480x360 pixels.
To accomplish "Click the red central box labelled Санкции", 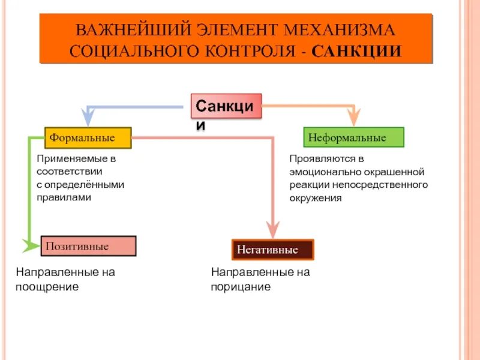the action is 226,106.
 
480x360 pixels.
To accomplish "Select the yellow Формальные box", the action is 88,138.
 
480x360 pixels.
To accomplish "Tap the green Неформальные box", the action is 353,137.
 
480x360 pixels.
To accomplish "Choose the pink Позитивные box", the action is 88,246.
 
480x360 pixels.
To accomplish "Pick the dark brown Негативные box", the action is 272,249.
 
